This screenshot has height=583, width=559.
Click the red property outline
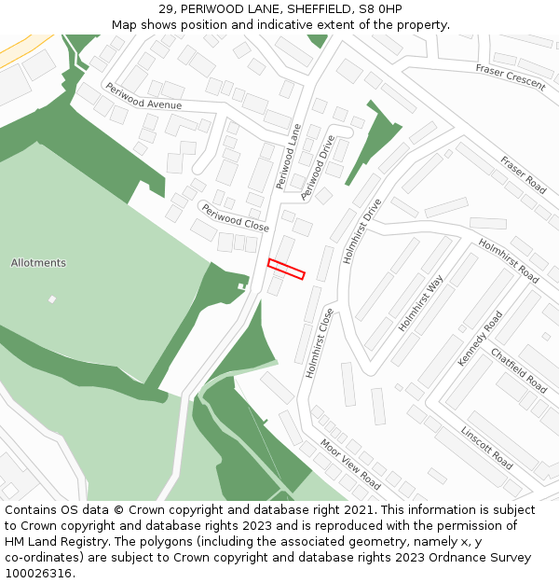[286, 269]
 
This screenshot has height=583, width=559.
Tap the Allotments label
[38, 263]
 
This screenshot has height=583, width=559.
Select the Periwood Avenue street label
[143, 97]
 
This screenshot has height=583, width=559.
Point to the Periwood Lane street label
[290, 157]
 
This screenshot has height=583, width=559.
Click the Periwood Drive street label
[318, 168]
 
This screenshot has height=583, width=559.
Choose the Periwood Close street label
[236, 220]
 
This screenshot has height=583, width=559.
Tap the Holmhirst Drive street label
[362, 230]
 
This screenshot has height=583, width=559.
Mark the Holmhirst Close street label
[320, 343]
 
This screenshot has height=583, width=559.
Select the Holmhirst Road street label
[509, 261]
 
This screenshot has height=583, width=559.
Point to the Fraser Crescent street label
[511, 76]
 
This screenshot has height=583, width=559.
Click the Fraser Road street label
[523, 174]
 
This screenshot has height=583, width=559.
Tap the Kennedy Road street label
[480, 338]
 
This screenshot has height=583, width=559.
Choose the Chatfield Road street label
[519, 370]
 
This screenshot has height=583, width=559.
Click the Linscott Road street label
[486, 448]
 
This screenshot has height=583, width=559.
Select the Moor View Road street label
[350, 464]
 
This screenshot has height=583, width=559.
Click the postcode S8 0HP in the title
[380, 8]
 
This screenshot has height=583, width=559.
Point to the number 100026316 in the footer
[38, 574]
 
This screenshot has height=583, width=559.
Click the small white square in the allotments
[52, 299]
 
